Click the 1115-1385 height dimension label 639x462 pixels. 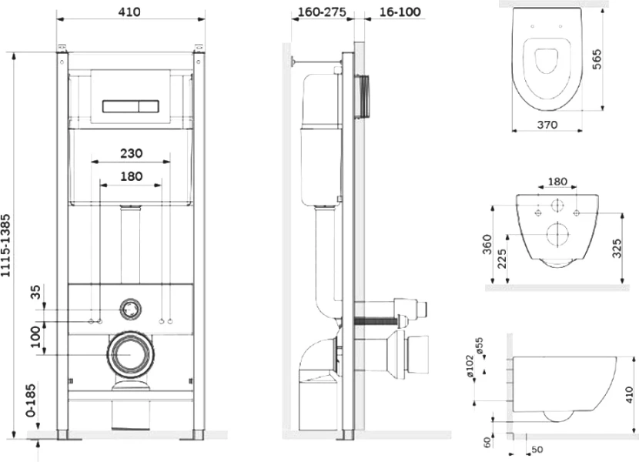click(x=5, y=246)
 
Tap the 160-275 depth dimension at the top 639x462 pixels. click(x=322, y=12)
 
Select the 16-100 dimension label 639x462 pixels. click(x=400, y=12)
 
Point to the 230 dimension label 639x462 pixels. click(x=131, y=153)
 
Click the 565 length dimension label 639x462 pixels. click(x=596, y=59)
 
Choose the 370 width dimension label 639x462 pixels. click(x=547, y=125)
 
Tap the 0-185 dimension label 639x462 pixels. click(x=31, y=400)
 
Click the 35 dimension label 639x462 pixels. click(x=36, y=292)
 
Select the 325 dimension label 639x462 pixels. click(x=617, y=249)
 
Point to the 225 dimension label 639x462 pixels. click(x=502, y=259)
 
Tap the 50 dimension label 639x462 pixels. click(x=537, y=450)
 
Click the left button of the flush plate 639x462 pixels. click(x=121, y=106)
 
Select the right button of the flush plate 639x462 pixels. click(x=149, y=106)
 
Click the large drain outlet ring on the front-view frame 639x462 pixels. click(x=131, y=354)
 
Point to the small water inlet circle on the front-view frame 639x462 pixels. click(x=131, y=310)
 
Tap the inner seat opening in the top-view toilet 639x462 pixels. click(x=546, y=61)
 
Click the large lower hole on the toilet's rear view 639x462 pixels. click(x=557, y=234)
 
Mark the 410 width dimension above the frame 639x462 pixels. click(x=129, y=12)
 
